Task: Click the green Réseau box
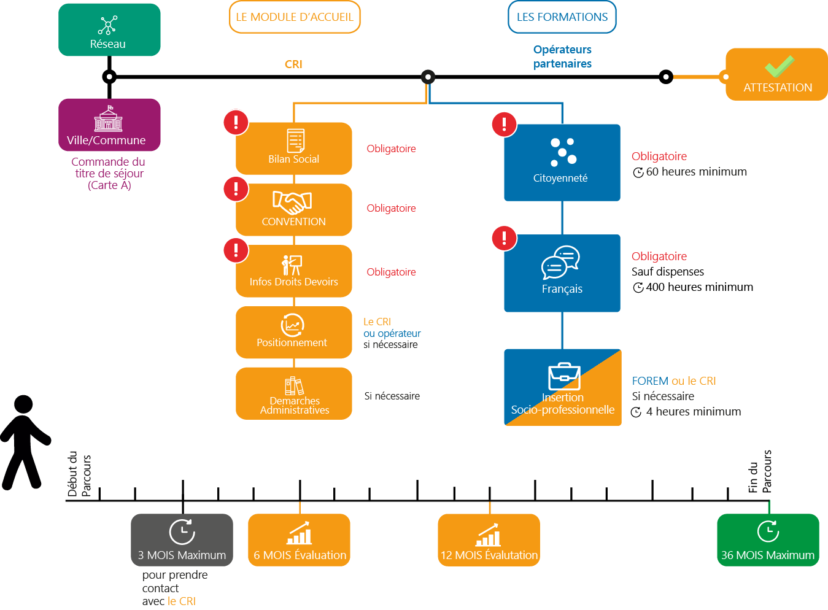tap(109, 29)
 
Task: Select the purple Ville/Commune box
tap(109, 125)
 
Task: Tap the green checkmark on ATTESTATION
tap(780, 66)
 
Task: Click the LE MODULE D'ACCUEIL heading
tap(295, 17)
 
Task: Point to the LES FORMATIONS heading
tap(562, 17)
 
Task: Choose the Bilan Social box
tap(294, 149)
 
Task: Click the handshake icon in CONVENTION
tap(292, 203)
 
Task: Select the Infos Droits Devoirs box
tap(294, 271)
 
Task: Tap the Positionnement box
tap(294, 332)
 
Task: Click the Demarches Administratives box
tap(294, 393)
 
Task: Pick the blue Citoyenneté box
tap(562, 163)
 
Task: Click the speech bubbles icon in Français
tap(560, 262)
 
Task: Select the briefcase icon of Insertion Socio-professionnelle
tap(564, 376)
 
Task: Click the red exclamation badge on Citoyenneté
tap(504, 124)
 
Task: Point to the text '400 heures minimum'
tap(699, 287)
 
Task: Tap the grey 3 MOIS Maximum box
tap(182, 540)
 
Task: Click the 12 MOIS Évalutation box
tap(489, 540)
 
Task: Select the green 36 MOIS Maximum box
tap(768, 540)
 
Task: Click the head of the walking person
tap(23, 404)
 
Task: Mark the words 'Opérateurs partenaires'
tap(562, 56)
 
